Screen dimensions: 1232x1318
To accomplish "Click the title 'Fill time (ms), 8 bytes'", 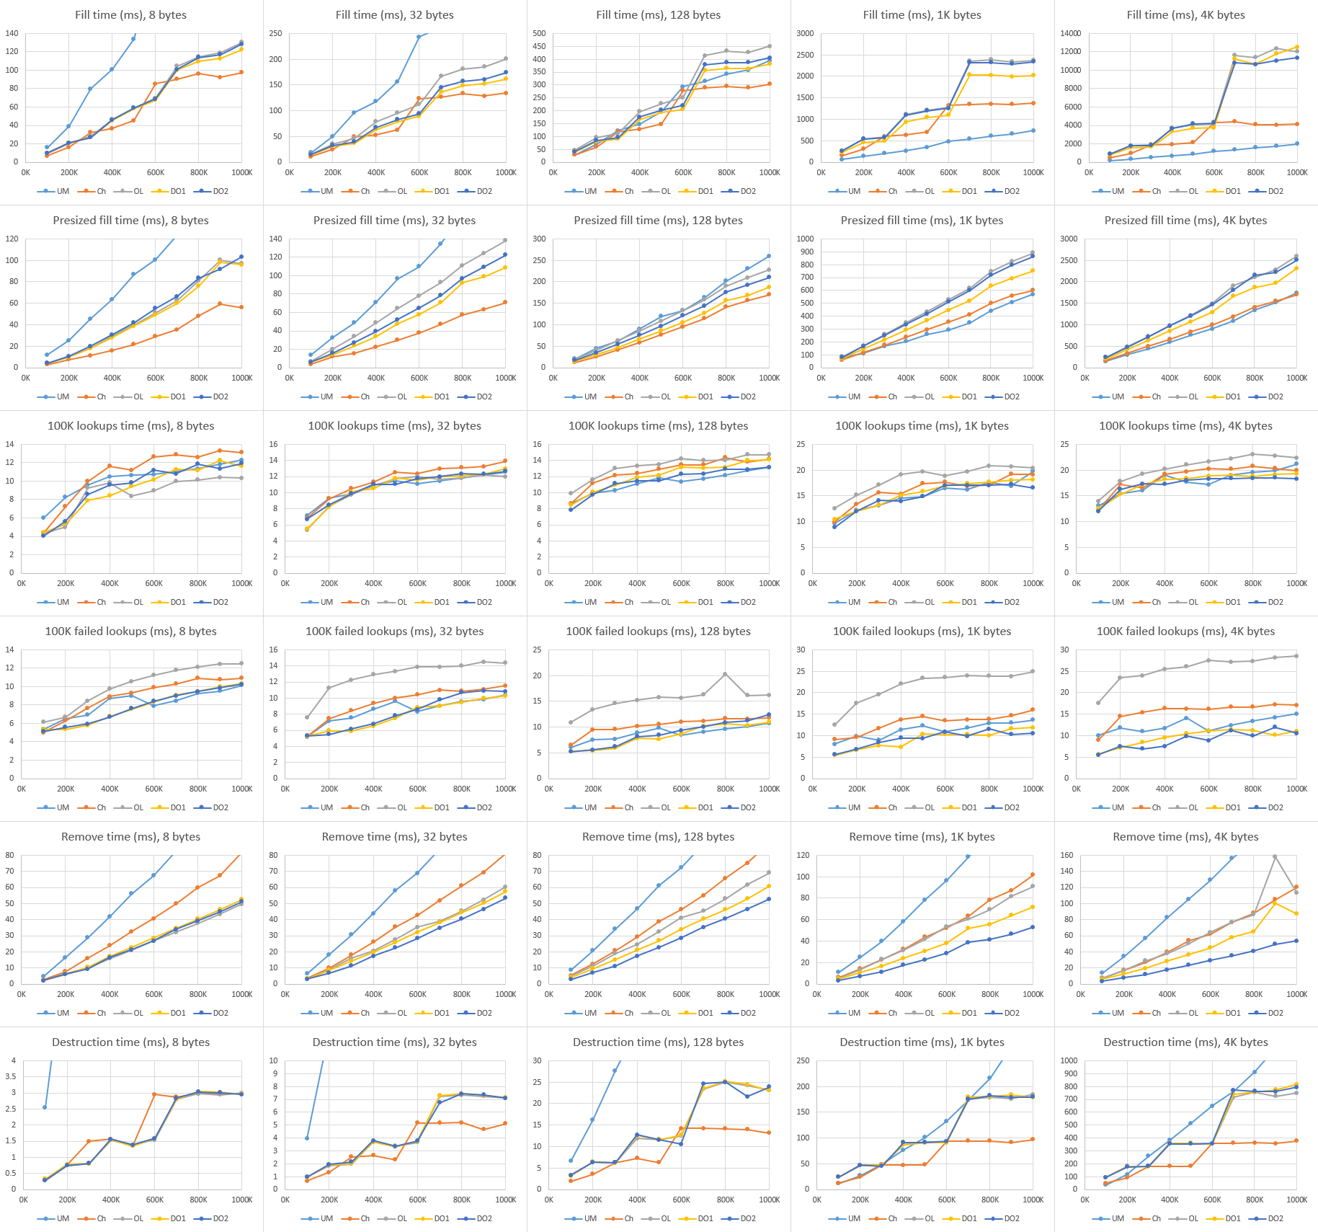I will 130,15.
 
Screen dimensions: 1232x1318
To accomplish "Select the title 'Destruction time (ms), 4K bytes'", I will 1185,1042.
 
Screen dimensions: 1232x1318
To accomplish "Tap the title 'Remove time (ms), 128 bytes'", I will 658,837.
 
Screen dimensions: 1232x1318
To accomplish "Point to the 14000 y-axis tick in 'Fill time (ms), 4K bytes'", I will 1071,34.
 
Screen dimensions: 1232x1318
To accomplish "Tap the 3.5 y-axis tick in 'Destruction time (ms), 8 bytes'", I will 11,1077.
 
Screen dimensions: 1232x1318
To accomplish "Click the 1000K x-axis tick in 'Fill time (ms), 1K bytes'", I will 1033,173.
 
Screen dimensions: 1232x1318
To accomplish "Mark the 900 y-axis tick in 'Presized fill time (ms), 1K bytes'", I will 805,252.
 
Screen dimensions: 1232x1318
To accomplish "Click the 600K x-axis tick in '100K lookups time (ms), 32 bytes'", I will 418,584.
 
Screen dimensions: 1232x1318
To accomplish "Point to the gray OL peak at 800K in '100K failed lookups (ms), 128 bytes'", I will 725,675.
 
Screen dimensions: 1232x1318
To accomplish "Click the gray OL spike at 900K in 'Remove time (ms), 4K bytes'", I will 1275,857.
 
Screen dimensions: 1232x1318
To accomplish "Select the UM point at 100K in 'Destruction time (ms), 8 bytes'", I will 45,1107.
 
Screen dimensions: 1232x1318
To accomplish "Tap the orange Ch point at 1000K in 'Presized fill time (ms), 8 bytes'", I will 241,308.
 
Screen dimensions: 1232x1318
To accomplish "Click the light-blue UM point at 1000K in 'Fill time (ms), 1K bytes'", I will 1033,130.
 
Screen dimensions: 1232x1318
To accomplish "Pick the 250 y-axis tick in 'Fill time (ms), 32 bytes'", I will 275,34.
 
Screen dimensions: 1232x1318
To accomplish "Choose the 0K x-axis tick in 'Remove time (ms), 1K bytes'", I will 817,995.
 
